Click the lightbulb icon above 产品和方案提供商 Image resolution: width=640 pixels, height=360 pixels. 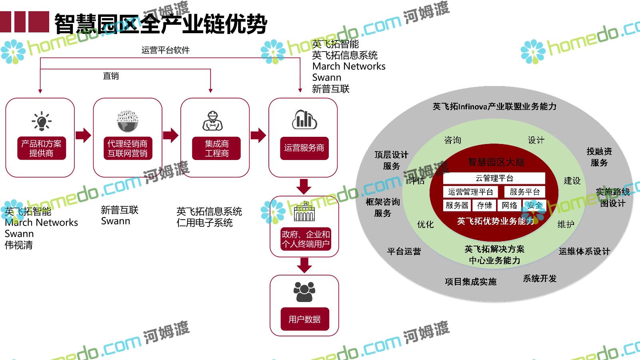(41, 121)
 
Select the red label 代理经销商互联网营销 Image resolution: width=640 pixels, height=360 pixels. (127, 148)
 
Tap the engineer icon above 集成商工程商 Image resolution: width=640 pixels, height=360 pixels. (212, 121)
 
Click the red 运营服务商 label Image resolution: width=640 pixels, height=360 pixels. (304, 148)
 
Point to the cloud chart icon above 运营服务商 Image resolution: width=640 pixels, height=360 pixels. (304, 119)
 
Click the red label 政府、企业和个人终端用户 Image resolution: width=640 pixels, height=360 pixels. (306, 239)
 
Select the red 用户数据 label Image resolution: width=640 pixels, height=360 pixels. (304, 319)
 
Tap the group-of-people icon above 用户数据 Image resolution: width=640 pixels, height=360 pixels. (304, 292)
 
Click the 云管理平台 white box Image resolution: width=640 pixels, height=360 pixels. (494, 178)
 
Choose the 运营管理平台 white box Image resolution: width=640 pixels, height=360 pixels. (470, 192)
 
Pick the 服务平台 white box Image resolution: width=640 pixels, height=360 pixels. (524, 192)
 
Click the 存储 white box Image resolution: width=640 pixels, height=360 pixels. (484, 206)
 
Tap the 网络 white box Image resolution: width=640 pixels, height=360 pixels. (509, 206)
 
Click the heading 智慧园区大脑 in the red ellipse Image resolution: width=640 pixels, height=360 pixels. (496, 162)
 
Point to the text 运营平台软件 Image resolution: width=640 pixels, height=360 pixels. (165, 50)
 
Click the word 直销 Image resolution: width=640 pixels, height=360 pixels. (111, 76)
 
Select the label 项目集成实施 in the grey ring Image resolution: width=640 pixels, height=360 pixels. (470, 282)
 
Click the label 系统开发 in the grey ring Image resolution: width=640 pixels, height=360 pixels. (540, 278)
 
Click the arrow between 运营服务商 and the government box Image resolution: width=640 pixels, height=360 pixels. (304, 186)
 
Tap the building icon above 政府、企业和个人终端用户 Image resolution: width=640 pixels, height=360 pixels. (304, 212)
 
